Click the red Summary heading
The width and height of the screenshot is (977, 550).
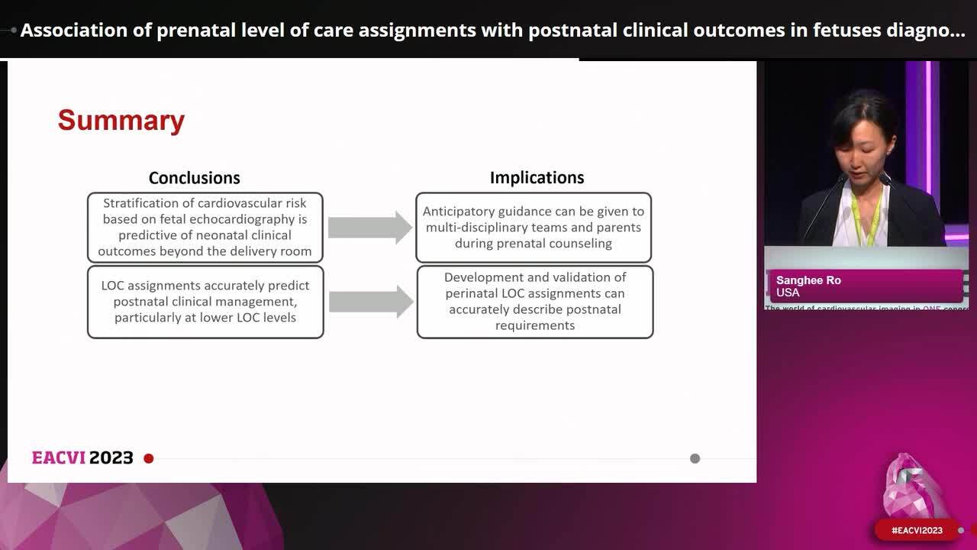121,121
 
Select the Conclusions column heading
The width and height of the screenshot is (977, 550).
194,178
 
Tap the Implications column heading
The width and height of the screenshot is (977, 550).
537,178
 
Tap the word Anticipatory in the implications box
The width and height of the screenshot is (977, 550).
457,212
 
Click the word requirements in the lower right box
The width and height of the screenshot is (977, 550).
534,325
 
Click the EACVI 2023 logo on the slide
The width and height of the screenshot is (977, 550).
82,458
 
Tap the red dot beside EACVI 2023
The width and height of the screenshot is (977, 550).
149,458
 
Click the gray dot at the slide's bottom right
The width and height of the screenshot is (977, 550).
695,458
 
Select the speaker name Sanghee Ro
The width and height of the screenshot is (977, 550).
808,280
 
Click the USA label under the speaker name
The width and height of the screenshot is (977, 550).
788,293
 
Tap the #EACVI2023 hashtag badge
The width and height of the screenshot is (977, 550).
917,530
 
